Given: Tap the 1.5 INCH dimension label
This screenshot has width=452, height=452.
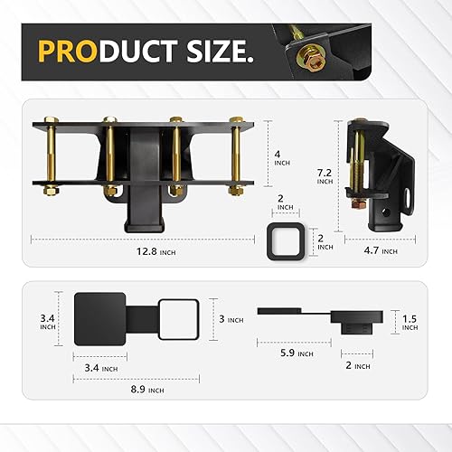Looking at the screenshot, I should (410, 321).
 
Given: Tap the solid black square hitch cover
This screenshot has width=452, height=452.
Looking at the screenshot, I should (101, 319).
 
